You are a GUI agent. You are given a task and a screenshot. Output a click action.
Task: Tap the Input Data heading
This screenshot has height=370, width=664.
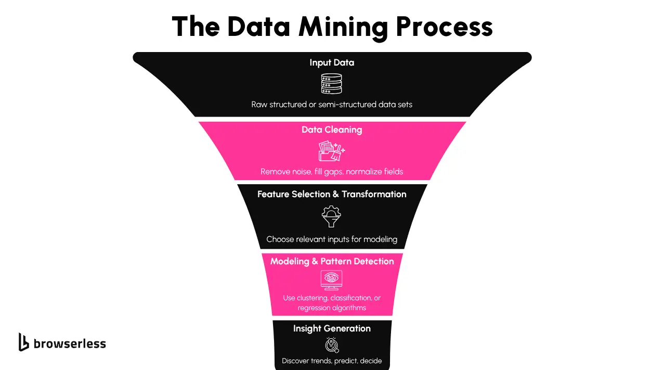click(332, 62)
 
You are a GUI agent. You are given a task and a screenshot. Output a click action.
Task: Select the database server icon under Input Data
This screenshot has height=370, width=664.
click(332, 84)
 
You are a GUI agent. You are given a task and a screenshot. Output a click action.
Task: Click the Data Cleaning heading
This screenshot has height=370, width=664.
click(332, 130)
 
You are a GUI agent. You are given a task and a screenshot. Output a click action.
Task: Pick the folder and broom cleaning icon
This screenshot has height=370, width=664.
click(332, 151)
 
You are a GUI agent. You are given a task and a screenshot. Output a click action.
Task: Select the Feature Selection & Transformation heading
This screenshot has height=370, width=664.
click(332, 194)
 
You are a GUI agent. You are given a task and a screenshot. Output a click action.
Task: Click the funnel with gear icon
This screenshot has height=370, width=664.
click(332, 216)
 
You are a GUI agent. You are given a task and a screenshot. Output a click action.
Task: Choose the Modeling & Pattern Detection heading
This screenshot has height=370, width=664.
click(332, 261)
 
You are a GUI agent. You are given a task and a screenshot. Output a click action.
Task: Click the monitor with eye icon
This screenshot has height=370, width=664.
click(332, 280)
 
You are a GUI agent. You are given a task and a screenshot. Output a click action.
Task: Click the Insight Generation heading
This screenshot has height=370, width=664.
click(332, 328)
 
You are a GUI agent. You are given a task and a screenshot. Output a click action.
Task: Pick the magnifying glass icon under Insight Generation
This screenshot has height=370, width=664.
click(332, 345)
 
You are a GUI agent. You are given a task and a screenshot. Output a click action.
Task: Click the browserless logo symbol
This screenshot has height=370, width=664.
click(23, 342)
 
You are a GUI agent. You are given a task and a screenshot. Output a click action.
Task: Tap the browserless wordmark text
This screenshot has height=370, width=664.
click(70, 343)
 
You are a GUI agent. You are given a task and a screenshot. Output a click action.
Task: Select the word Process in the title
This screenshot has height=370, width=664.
click(444, 27)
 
